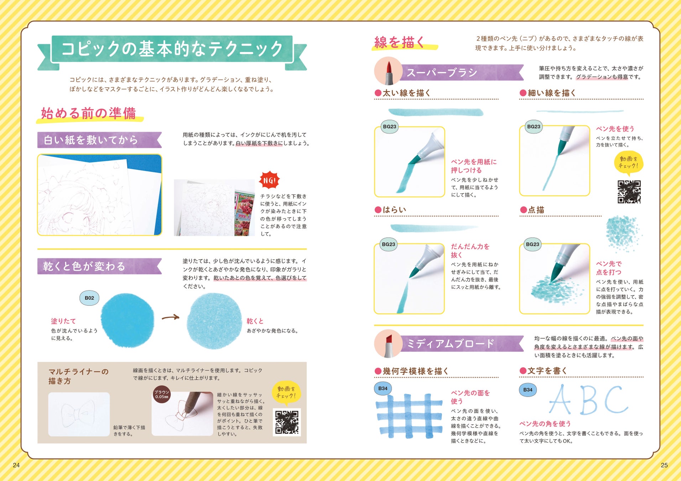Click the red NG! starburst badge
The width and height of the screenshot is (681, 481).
pyautogui.click(x=270, y=180)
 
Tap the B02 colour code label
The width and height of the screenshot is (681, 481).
pyautogui.click(x=89, y=298)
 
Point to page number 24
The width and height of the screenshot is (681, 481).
pyautogui.click(x=16, y=465)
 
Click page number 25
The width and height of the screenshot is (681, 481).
pyautogui.click(x=664, y=465)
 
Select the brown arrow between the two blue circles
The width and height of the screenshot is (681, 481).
pyautogui.click(x=171, y=317)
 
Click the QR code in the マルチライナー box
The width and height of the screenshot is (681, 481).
pyautogui.click(x=287, y=422)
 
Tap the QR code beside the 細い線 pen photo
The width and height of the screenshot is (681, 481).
pyautogui.click(x=629, y=192)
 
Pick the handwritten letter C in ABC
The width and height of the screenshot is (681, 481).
pyautogui.click(x=616, y=399)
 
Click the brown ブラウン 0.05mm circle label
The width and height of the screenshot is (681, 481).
pyautogui.click(x=162, y=394)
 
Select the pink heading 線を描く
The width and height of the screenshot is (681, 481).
pyautogui.click(x=399, y=42)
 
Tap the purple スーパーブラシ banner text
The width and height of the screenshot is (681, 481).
pyautogui.click(x=442, y=73)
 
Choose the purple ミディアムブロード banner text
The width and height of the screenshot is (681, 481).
pyautogui.click(x=450, y=343)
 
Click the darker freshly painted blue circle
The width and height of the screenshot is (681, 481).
pyautogui.click(x=128, y=320)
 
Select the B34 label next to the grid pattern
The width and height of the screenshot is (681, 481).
pyautogui.click(x=383, y=388)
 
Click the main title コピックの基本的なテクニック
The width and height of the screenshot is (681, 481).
pyautogui.click(x=172, y=49)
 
